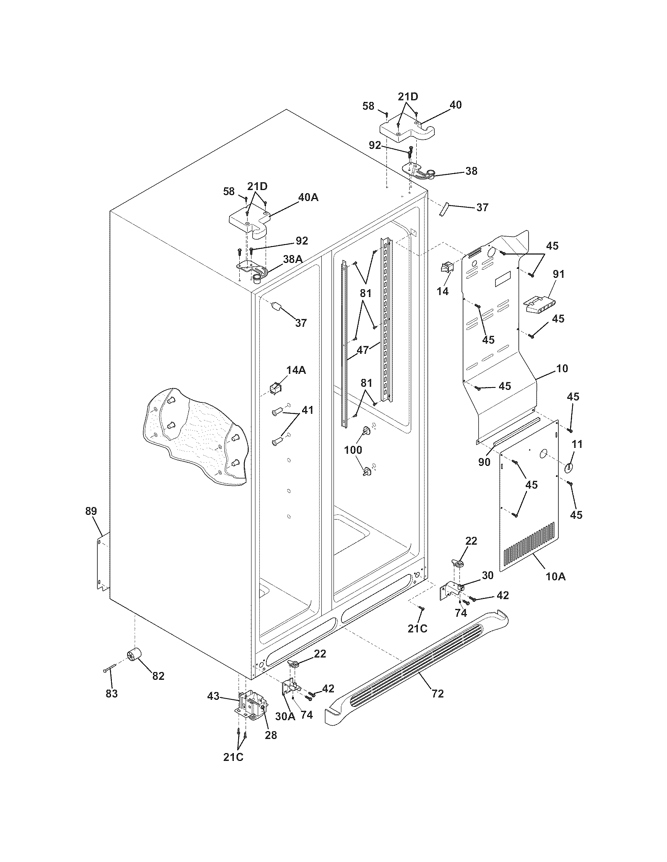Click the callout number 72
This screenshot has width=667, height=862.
(x=437, y=694)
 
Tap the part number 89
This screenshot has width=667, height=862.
(x=91, y=511)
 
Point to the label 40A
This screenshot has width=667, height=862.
(x=308, y=197)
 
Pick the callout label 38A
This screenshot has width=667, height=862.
(x=293, y=259)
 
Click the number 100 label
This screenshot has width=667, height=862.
(x=353, y=449)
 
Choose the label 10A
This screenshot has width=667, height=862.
(x=556, y=577)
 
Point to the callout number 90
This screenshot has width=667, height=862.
(x=485, y=462)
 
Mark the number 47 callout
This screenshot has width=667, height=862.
(x=363, y=350)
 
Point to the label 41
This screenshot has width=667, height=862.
(x=308, y=410)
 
